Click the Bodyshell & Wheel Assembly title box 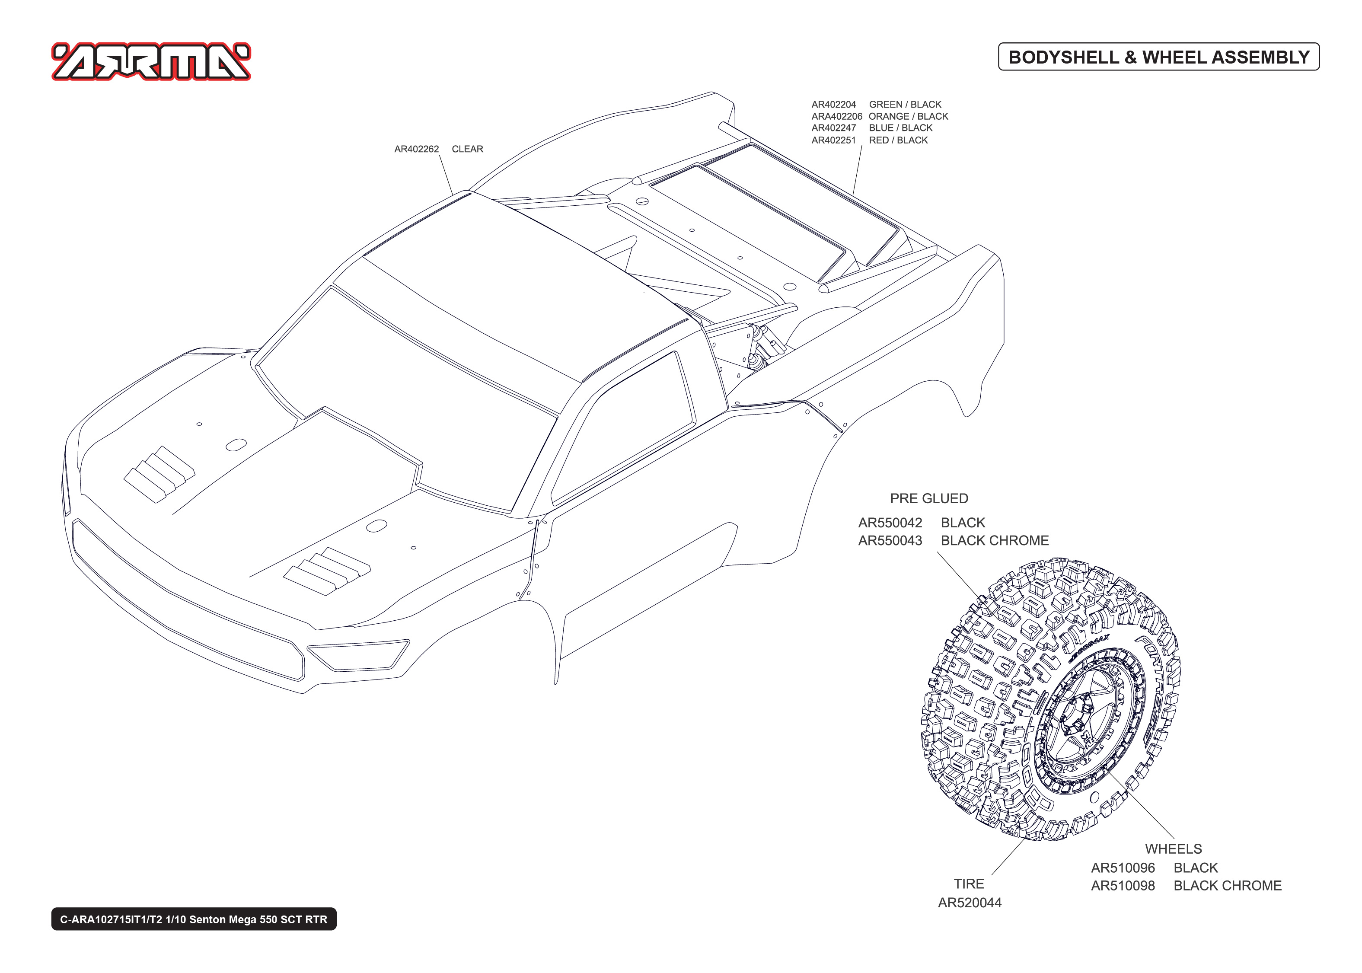1158,57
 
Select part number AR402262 416,149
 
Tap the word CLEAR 467,149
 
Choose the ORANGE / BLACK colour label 908,116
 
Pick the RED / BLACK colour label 898,140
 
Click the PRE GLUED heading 928,498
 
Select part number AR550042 890,523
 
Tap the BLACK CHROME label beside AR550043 994,540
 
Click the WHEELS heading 1173,849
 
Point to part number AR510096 1123,868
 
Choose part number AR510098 1123,886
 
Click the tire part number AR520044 969,903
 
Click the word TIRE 969,884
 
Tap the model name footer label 194,919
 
